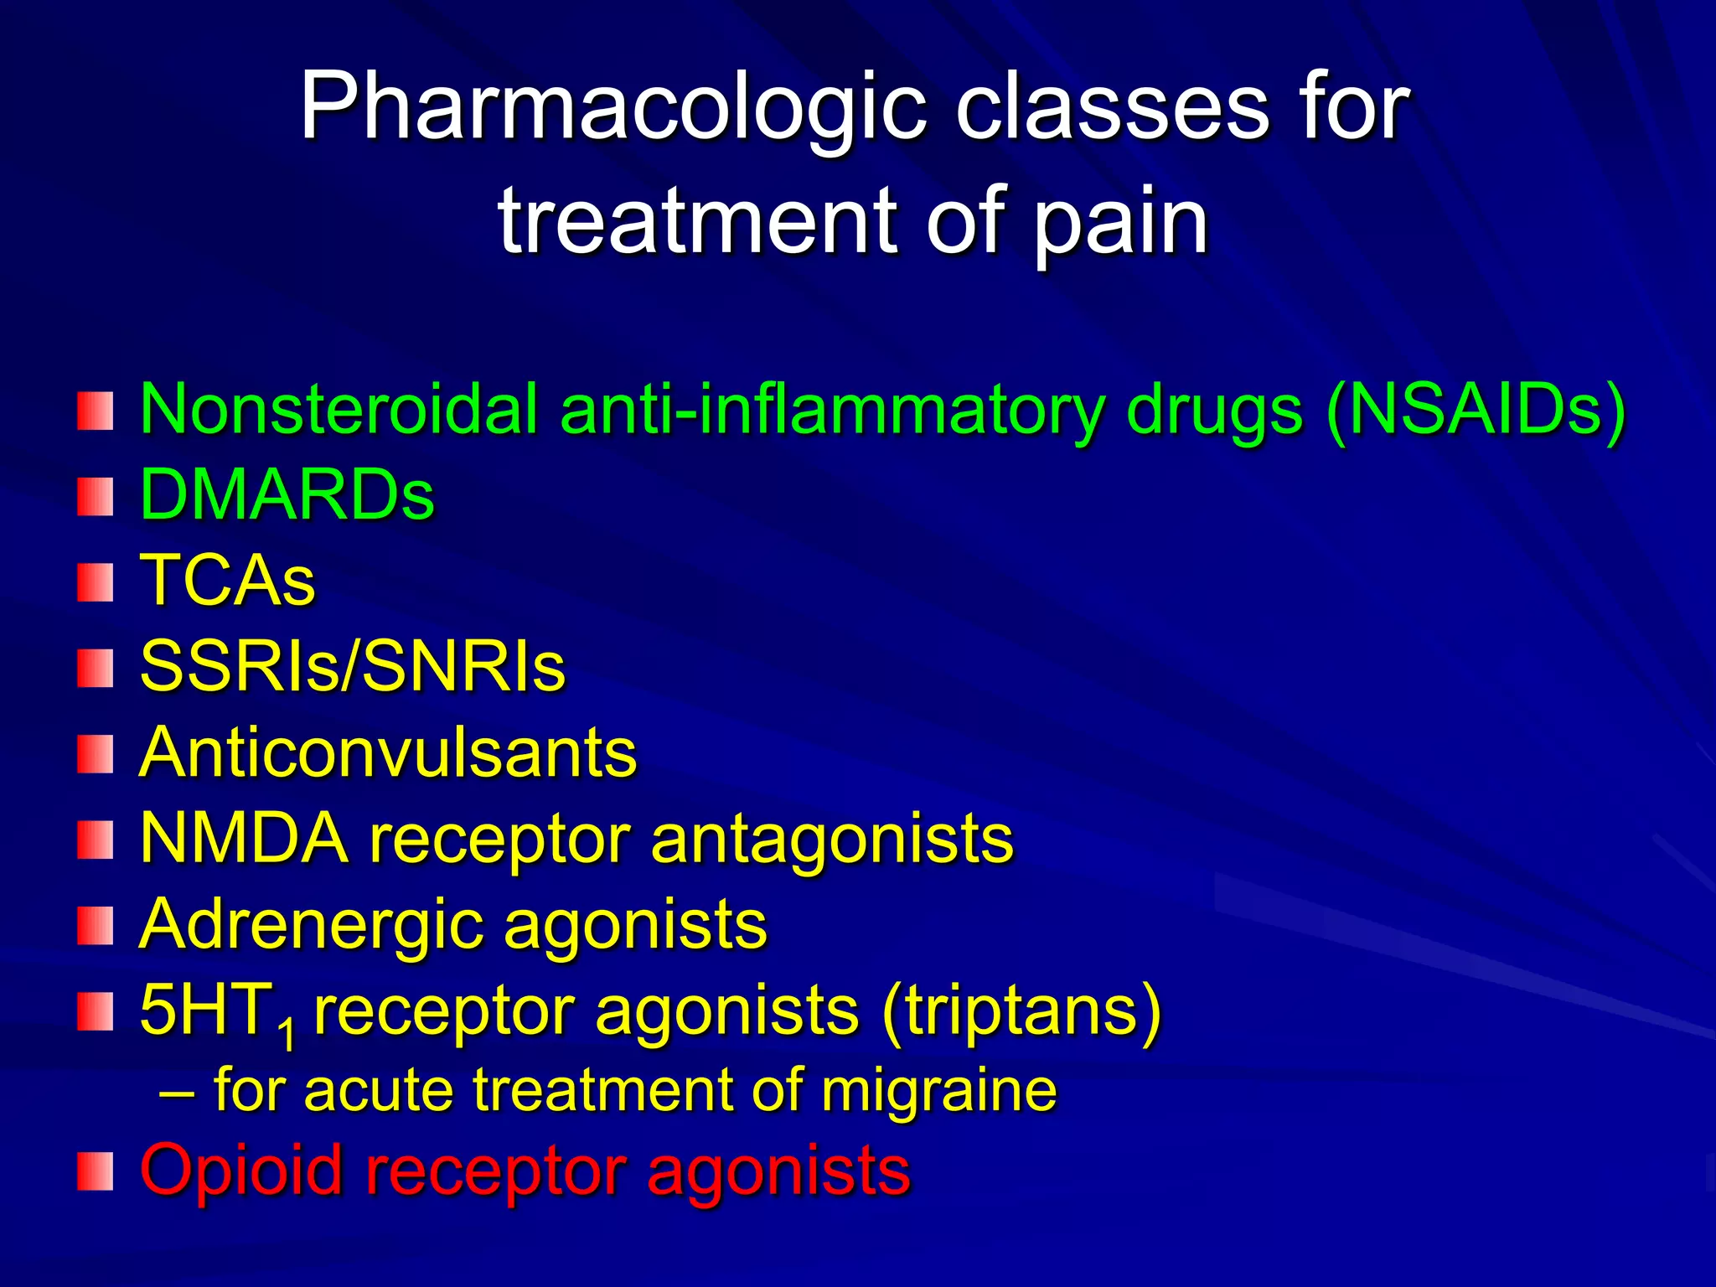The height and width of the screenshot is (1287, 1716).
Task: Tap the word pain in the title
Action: (x=1120, y=222)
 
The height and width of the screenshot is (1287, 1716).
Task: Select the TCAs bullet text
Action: (x=227, y=581)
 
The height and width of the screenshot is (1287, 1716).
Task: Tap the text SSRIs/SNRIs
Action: (x=352, y=667)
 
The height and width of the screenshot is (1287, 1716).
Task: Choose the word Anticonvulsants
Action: (x=388, y=752)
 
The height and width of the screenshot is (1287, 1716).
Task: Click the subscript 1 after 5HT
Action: (x=287, y=1036)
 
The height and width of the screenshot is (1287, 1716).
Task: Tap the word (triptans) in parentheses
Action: (x=1021, y=1010)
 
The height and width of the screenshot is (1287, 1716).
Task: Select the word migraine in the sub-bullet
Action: (x=938, y=1091)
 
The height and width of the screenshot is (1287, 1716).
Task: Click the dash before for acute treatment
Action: (x=177, y=1093)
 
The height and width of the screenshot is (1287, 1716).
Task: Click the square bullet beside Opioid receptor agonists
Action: (x=95, y=1171)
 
